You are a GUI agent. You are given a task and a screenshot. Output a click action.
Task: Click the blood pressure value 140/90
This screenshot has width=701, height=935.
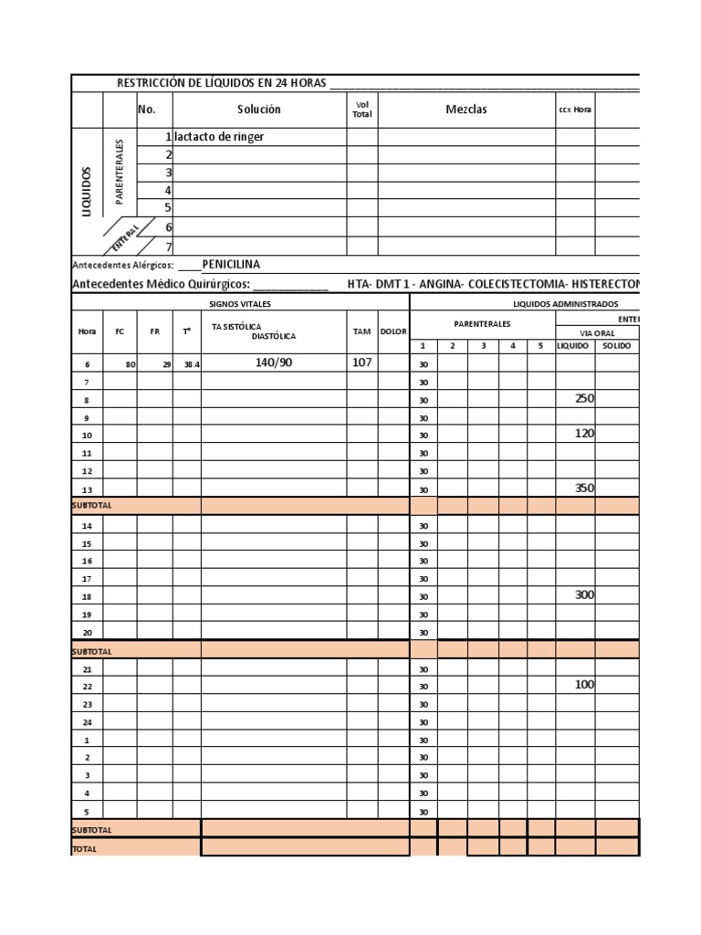[x=273, y=362]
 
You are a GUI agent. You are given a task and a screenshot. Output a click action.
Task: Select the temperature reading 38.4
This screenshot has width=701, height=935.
[x=191, y=363]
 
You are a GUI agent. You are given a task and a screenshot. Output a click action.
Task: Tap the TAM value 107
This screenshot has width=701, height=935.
[x=362, y=362]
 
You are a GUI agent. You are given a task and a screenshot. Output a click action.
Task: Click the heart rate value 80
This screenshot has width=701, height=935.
[x=131, y=363]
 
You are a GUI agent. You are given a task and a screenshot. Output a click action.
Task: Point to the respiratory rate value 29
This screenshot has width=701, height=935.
[x=166, y=363]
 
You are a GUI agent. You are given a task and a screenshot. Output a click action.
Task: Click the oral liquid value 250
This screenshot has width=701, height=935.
[x=584, y=398]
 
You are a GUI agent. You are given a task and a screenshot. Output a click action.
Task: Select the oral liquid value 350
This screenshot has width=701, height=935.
[x=584, y=488]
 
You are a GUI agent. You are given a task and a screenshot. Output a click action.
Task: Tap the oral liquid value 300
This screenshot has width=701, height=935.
[x=584, y=594]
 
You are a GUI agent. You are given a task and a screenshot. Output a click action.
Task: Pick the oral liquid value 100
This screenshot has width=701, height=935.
[x=584, y=684]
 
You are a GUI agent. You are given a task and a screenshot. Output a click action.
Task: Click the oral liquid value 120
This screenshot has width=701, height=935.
[x=584, y=434]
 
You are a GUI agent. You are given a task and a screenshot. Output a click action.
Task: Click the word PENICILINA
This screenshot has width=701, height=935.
[x=231, y=265]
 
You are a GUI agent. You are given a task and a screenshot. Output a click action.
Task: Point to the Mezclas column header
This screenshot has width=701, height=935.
[x=466, y=110]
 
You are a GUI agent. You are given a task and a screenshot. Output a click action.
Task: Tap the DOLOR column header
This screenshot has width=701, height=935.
[x=393, y=331]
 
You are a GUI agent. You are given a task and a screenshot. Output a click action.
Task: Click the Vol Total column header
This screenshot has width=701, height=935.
[x=361, y=110]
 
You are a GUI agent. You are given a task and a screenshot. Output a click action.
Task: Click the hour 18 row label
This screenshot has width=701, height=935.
[x=88, y=596]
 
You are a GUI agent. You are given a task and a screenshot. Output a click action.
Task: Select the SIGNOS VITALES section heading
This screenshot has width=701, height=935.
[x=240, y=303]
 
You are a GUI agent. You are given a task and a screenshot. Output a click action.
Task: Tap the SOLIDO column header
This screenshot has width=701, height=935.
[x=616, y=346]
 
